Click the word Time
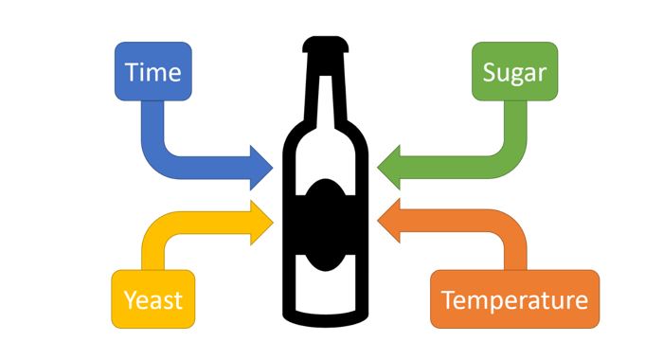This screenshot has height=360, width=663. (153, 72)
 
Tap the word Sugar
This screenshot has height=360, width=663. (514, 74)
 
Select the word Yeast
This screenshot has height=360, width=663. (153, 300)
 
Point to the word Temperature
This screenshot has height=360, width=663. (514, 301)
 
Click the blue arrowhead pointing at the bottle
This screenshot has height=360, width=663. (260, 168)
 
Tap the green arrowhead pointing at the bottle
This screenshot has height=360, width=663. (389, 168)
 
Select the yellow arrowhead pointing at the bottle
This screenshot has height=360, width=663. (260, 223)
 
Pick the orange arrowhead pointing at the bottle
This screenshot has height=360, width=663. (389, 221)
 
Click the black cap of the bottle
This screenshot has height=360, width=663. (325, 45)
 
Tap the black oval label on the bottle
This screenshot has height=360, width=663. (325, 225)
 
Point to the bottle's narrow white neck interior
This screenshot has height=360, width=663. (326, 101)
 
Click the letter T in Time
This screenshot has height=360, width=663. (132, 72)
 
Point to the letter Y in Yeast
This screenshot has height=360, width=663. (131, 300)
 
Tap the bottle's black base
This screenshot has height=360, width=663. (325, 320)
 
